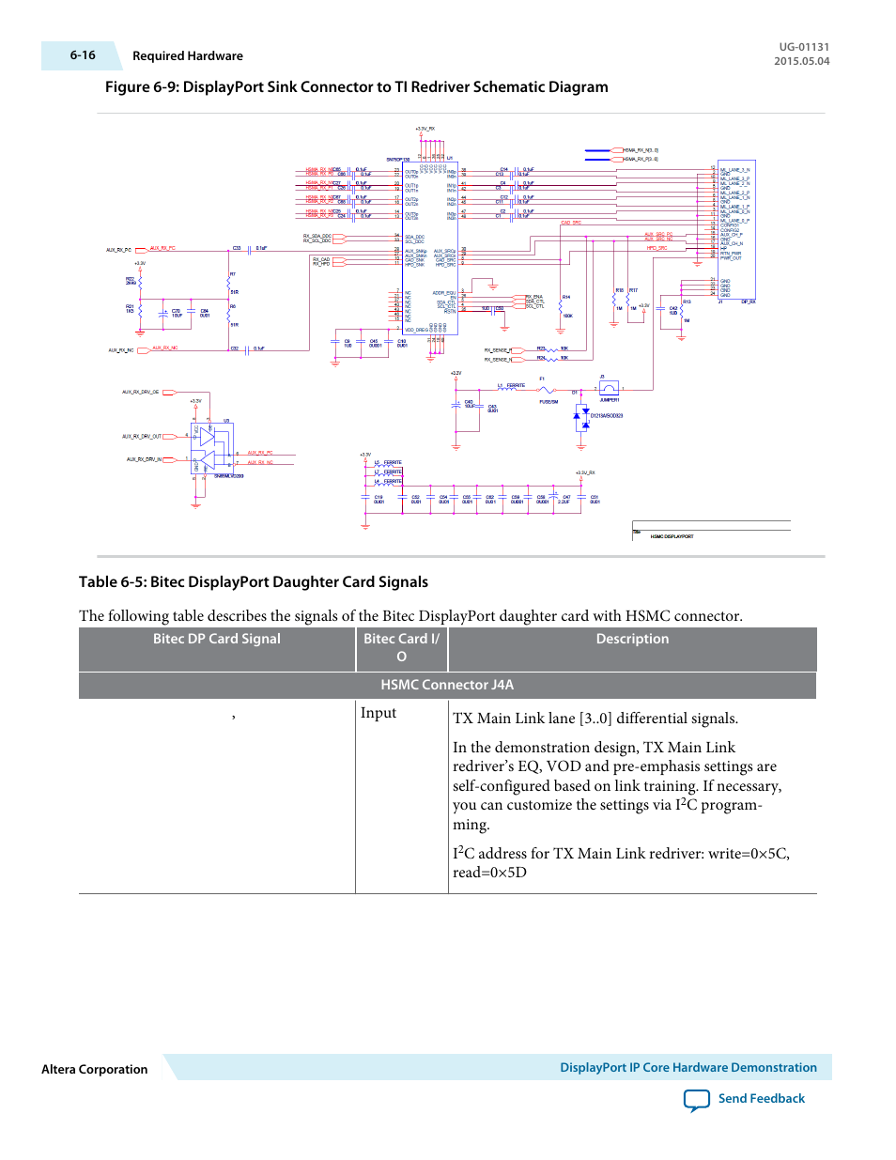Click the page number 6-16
[83, 55]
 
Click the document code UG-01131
[804, 47]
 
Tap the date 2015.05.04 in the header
[801, 61]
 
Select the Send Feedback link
[761, 1098]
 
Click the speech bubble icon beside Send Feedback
[697, 1100]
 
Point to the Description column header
[632, 639]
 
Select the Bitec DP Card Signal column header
[217, 639]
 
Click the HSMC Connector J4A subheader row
[447, 685]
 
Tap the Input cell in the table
[378, 713]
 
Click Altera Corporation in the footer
[95, 1069]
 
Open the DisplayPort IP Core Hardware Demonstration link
[687, 1067]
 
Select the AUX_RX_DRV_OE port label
[141, 392]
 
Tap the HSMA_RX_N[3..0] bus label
[641, 150]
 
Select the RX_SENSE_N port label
[498, 359]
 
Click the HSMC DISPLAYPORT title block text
[672, 536]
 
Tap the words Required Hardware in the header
[188, 56]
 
